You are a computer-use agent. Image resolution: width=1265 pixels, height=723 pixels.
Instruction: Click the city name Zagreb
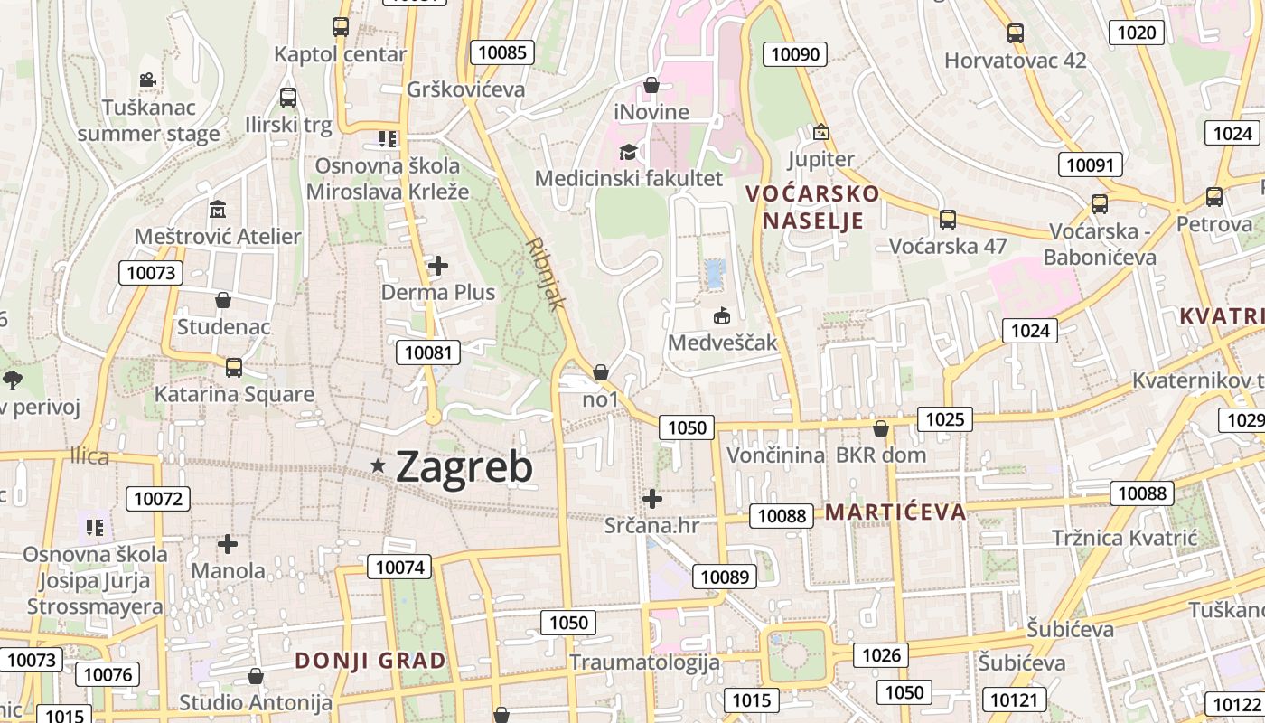(464, 466)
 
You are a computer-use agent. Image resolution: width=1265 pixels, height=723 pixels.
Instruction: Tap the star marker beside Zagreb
(378, 465)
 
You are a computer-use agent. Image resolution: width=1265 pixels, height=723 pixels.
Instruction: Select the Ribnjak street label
(545, 274)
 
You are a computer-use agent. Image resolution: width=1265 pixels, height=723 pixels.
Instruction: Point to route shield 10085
(501, 52)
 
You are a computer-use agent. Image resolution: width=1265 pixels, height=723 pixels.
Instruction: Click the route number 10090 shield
(795, 54)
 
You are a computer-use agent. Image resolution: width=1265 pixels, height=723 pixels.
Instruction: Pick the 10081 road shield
(428, 352)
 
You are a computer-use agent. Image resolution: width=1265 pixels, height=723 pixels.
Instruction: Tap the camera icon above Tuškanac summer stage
(147, 80)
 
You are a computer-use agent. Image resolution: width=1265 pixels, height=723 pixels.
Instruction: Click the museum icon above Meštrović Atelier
(218, 210)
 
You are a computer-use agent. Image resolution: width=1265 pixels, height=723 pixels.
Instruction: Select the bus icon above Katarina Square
(233, 367)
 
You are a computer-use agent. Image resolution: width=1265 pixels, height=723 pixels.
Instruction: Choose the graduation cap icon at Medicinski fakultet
(628, 152)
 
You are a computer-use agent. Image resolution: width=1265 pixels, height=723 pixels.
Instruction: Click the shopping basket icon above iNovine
(651, 86)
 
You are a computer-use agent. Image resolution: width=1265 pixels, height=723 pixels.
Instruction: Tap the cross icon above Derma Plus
(438, 266)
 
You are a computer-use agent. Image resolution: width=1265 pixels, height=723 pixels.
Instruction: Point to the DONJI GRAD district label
(370, 661)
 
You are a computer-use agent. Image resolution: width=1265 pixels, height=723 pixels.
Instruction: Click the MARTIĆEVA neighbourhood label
(895, 512)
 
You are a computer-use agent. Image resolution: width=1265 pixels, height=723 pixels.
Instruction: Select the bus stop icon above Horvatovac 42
(1016, 33)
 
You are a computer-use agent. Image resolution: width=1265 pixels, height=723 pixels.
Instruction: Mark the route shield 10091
(1091, 164)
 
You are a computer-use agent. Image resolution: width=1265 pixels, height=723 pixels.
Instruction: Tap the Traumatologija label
(644, 662)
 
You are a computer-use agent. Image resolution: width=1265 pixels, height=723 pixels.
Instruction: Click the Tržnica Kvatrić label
(1124, 539)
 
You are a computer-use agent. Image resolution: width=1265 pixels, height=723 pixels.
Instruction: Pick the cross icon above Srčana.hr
(651, 498)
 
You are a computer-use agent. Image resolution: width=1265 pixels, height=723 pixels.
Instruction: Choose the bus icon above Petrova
(1214, 196)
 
